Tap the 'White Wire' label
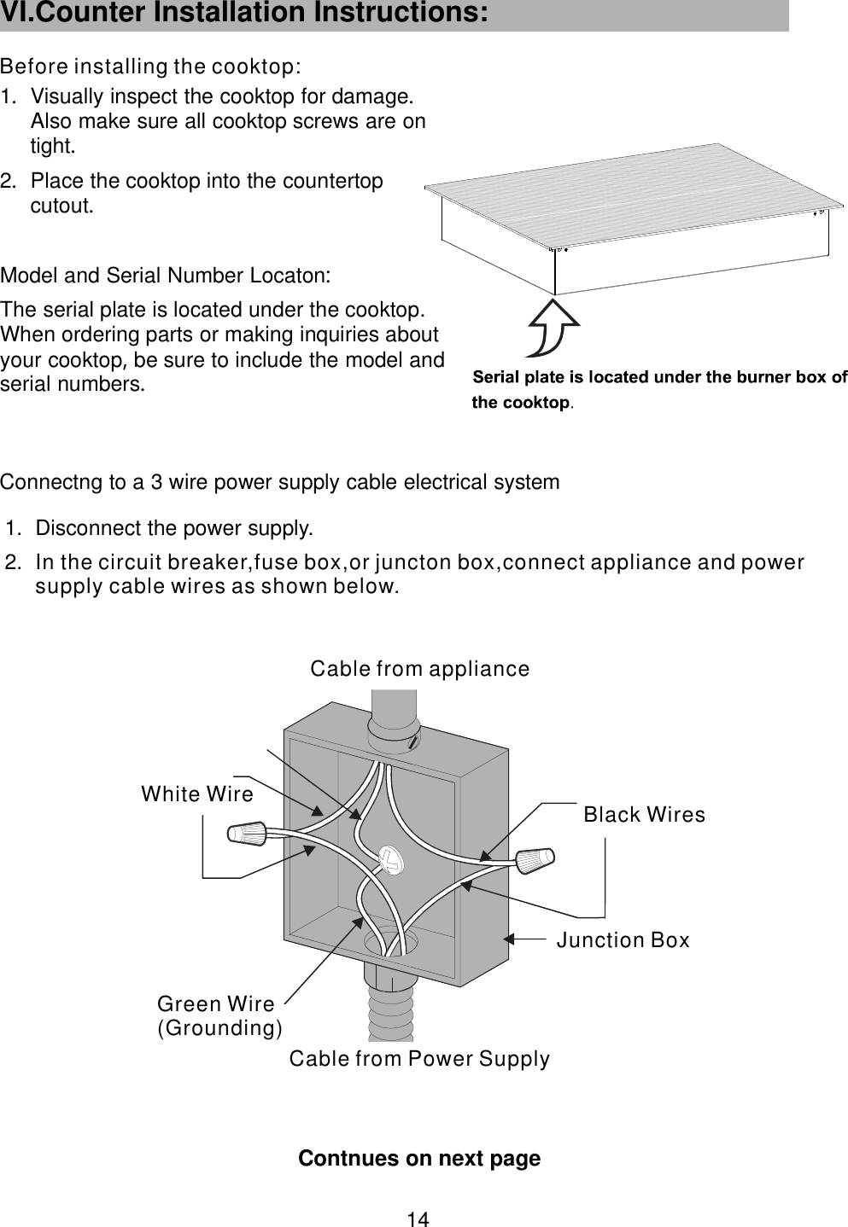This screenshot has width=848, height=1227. (x=197, y=794)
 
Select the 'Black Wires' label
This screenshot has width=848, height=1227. (x=644, y=815)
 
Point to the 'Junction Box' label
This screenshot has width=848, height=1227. (x=623, y=940)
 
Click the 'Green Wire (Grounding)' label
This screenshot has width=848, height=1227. (x=219, y=1015)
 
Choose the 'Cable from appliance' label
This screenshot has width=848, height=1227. (x=419, y=669)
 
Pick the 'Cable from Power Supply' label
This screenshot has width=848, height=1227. (x=419, y=1059)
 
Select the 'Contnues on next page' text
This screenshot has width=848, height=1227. (x=418, y=1159)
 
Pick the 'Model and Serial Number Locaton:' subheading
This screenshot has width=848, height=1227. (x=166, y=276)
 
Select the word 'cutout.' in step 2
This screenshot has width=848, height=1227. (x=61, y=206)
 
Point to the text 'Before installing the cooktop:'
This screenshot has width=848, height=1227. (x=150, y=67)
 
